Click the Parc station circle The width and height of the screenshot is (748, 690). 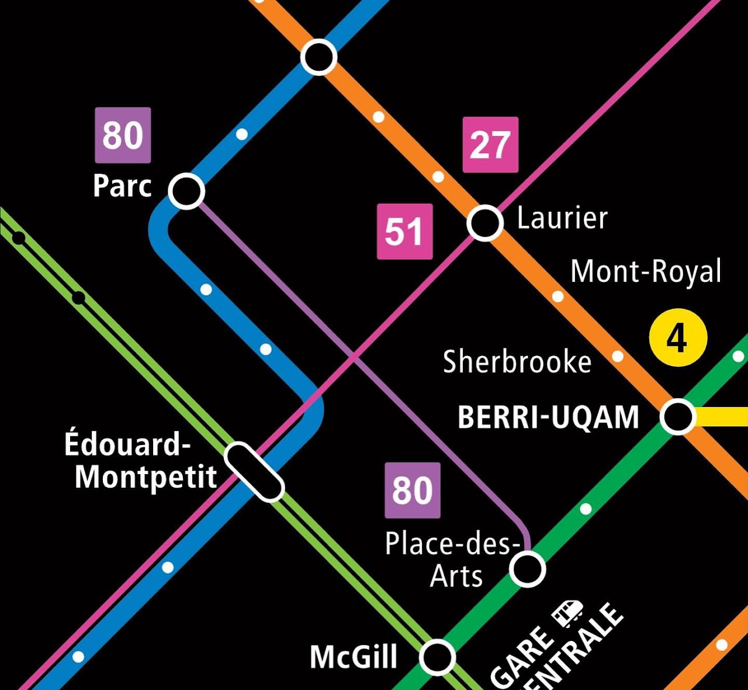186,191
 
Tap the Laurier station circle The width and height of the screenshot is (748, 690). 484,223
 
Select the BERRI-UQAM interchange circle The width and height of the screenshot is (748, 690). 677,416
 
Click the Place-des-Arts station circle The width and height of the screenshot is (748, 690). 527,569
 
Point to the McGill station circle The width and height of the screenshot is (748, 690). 437,657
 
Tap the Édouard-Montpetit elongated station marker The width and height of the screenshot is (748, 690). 254,472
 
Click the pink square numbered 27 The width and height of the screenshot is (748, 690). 490,145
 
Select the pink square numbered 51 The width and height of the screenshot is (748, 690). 404,232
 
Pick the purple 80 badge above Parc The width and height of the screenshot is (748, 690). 123,135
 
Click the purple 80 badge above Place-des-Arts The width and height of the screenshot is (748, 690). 413,490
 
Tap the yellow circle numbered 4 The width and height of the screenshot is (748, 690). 678,337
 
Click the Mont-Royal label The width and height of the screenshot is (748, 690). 646,272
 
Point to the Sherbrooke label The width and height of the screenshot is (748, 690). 517,361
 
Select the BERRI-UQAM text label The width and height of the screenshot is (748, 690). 548,418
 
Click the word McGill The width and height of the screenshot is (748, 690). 354,657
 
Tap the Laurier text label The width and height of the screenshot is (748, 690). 562,218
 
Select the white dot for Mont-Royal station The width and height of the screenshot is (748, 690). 558,296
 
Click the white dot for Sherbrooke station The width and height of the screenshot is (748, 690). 617,356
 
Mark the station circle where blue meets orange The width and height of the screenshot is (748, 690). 318,57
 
